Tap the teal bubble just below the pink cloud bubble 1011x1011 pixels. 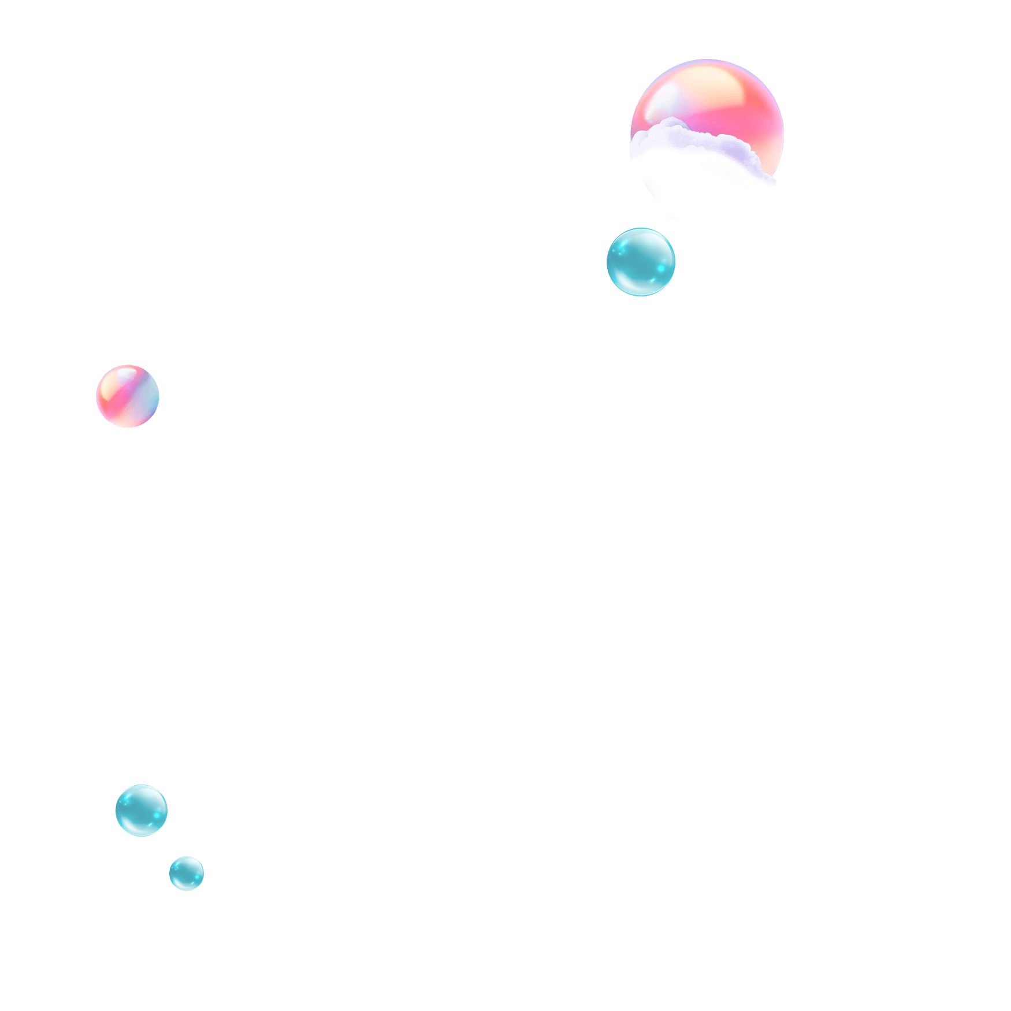(x=641, y=262)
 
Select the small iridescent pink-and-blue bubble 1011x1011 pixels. (x=128, y=396)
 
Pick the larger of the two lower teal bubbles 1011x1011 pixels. (x=142, y=810)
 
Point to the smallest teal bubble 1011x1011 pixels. (x=187, y=873)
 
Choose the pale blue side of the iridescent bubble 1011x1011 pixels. (x=149, y=399)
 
